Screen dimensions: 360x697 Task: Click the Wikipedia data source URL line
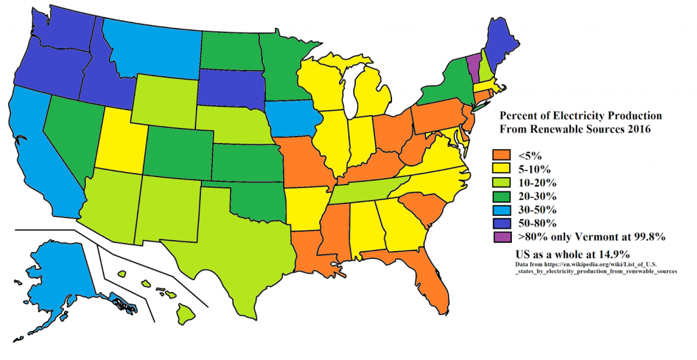point(596,263)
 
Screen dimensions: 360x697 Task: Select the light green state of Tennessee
point(368,189)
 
